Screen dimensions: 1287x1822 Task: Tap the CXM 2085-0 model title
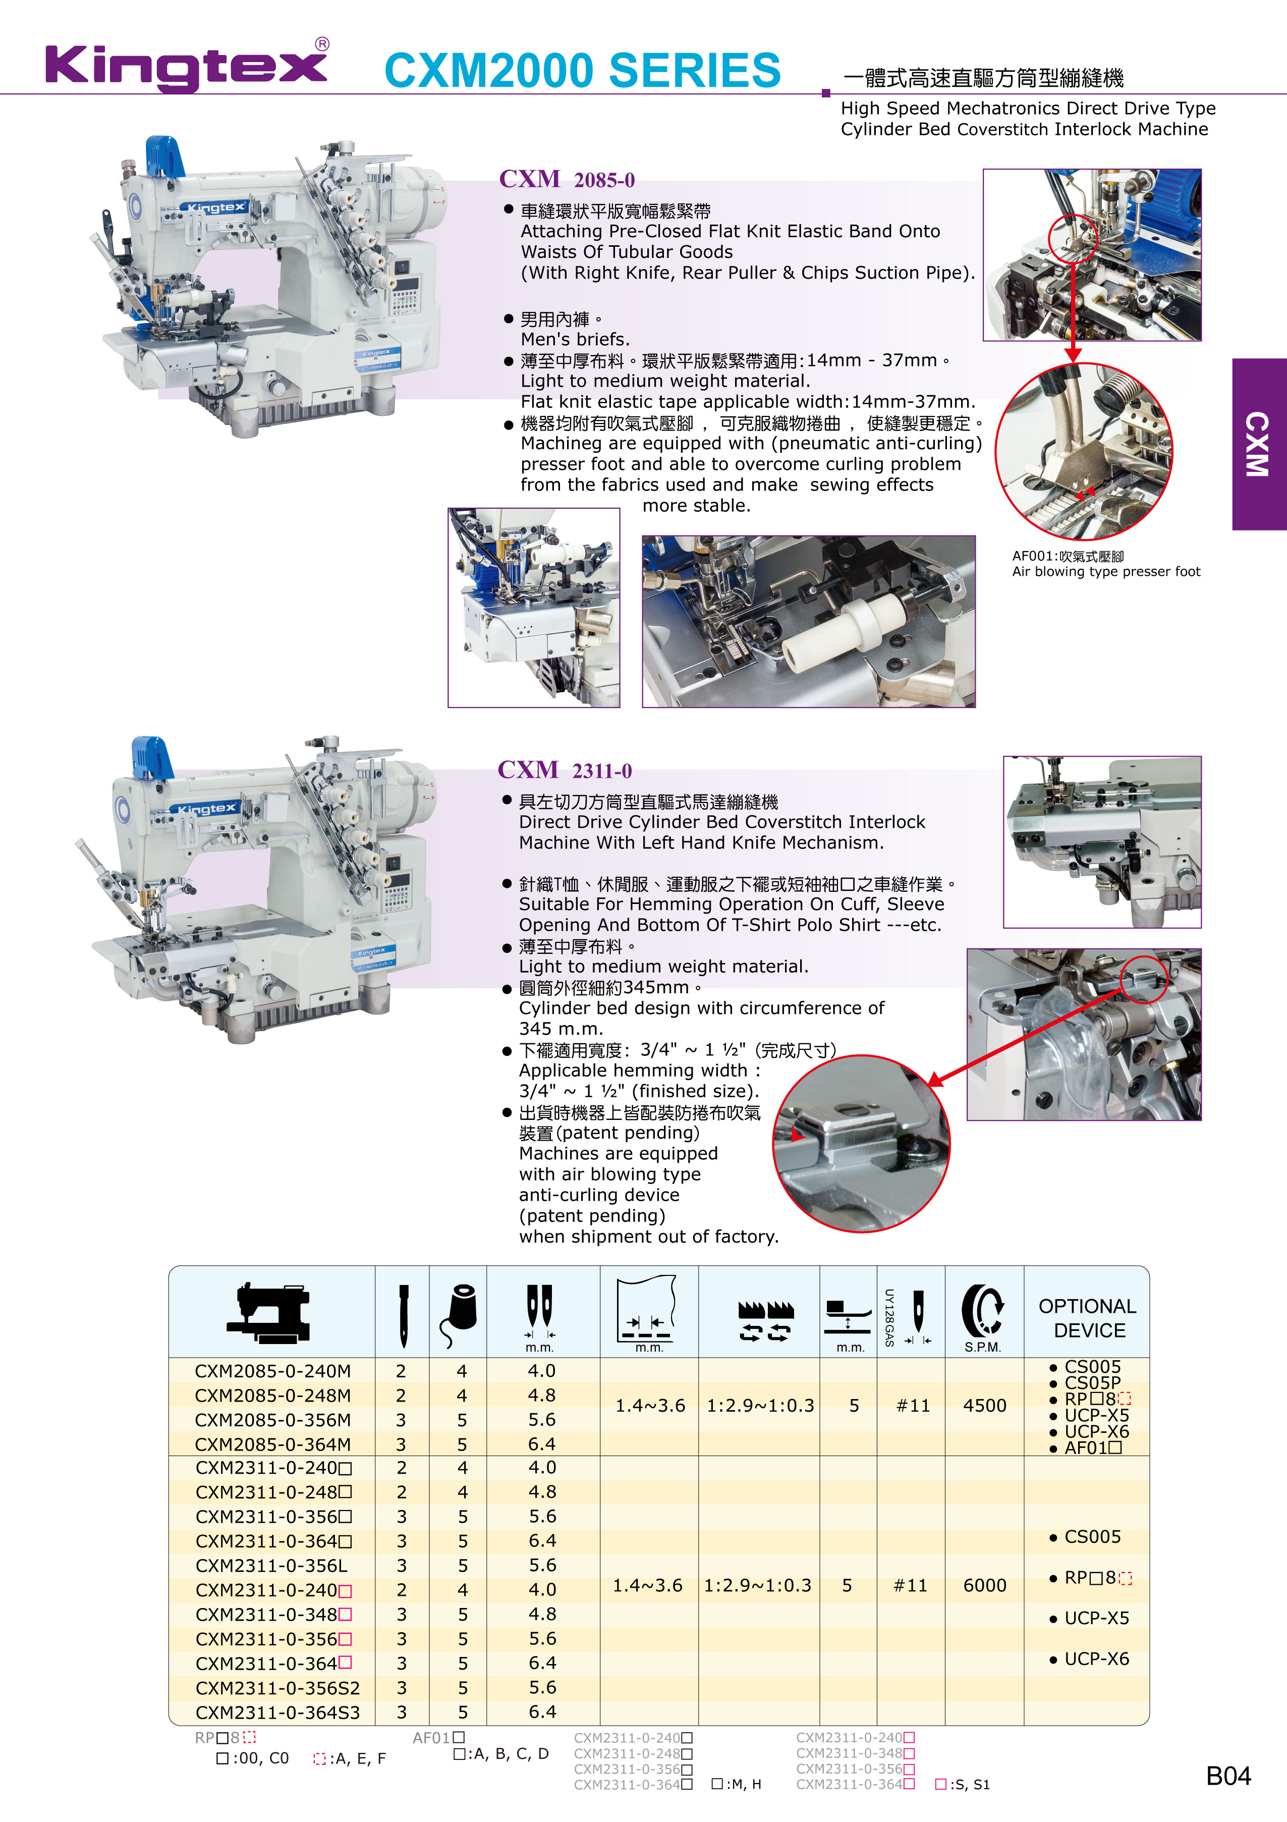coord(567,179)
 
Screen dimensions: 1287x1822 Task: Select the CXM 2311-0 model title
coord(565,770)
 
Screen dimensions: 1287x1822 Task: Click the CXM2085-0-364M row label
coord(272,1444)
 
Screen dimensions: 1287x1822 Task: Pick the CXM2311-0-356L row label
coord(271,1566)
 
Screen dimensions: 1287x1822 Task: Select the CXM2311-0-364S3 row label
coord(277,1711)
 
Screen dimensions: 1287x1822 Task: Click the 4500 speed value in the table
coord(985,1406)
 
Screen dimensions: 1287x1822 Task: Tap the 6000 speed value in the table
coord(985,1585)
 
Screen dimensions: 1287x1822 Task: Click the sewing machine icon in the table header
coord(269,1313)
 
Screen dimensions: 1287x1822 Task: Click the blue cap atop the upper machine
coord(164,156)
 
